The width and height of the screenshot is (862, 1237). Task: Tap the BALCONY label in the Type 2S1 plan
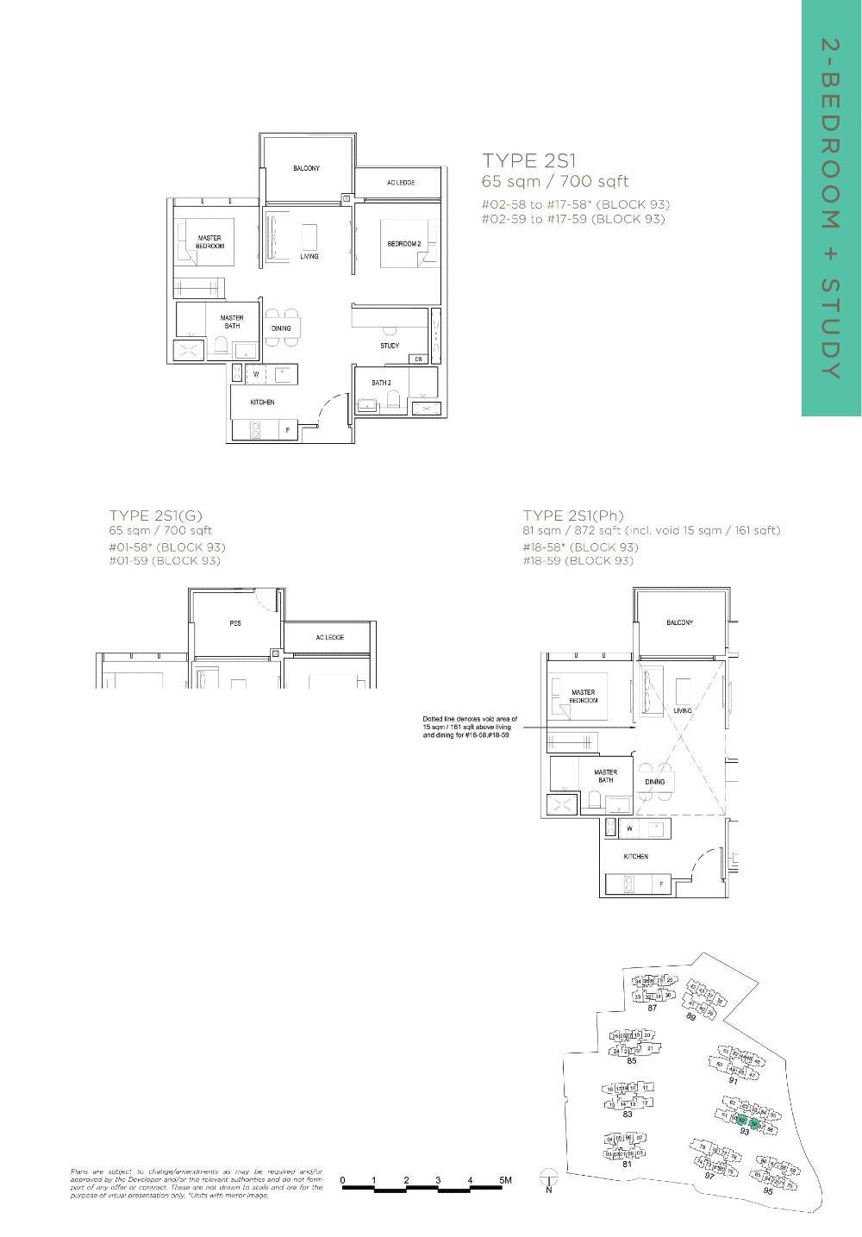point(306,169)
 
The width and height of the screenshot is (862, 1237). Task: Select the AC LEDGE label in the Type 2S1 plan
point(401,183)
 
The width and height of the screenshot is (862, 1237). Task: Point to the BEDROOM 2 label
point(403,244)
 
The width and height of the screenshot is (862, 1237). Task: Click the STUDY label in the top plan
point(390,346)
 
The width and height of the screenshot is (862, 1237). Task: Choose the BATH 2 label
point(382,383)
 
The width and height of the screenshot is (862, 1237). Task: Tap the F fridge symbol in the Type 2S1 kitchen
point(287,428)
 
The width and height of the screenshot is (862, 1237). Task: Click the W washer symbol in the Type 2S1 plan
point(256,375)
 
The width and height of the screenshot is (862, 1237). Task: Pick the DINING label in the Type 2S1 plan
point(281,328)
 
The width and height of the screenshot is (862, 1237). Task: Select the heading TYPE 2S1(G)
point(155,516)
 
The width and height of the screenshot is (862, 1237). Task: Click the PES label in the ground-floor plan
point(235,623)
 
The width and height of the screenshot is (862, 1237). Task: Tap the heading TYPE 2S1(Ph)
point(573,516)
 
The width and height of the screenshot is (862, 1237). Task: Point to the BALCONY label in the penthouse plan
point(679,622)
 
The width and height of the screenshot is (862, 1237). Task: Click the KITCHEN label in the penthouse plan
point(636,857)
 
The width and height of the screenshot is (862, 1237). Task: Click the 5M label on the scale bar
point(504,1179)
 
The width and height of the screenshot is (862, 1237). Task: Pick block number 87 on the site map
point(653,1008)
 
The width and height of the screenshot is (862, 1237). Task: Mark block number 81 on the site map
point(628,1165)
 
